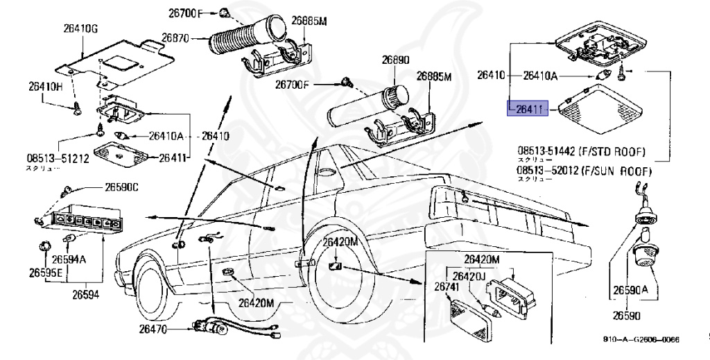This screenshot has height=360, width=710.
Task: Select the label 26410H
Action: click(x=45, y=87)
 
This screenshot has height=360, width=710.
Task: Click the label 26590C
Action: click(x=122, y=187)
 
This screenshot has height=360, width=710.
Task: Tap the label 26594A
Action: click(x=69, y=259)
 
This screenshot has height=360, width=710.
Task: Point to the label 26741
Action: click(x=447, y=286)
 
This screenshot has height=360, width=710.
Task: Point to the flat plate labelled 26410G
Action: click(x=118, y=61)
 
